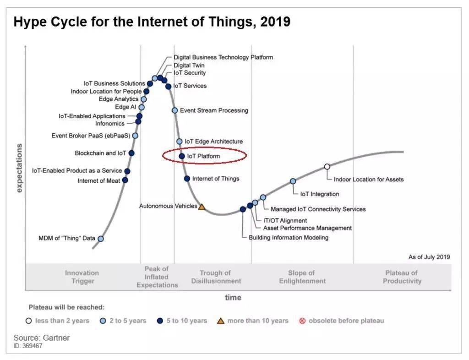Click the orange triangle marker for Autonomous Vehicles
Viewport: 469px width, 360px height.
(x=202, y=207)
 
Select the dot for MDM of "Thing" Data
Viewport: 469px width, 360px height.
(x=101, y=239)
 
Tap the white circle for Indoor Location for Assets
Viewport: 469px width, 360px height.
(x=327, y=167)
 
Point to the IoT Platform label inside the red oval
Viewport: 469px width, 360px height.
(x=203, y=156)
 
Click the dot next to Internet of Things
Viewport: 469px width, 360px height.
(x=187, y=179)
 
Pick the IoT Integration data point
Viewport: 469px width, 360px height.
(x=293, y=181)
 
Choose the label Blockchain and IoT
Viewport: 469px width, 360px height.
(x=101, y=153)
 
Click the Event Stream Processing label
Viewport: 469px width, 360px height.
(x=214, y=110)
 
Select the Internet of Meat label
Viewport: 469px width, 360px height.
(x=99, y=180)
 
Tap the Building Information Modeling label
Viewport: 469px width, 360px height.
(x=289, y=237)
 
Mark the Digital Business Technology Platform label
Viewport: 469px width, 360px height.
(x=223, y=57)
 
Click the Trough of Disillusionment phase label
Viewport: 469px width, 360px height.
(x=215, y=277)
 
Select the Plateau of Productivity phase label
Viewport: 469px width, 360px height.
(x=402, y=277)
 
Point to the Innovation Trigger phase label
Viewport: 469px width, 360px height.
(x=82, y=277)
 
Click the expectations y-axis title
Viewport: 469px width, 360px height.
(x=19, y=168)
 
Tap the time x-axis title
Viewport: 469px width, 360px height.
(x=233, y=298)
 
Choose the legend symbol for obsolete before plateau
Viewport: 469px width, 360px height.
(x=302, y=321)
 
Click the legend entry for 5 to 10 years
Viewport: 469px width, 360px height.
(x=186, y=321)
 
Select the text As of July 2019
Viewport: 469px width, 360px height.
(x=429, y=257)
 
